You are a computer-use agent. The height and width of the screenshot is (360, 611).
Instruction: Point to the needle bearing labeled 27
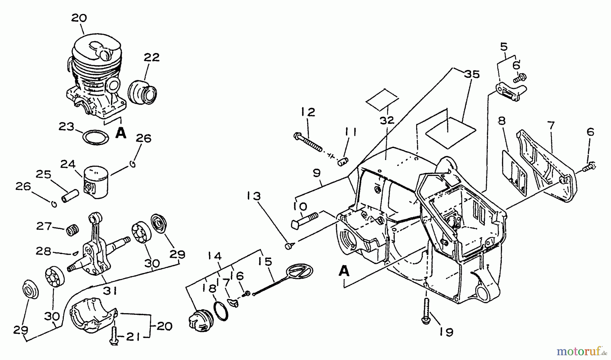[72, 231]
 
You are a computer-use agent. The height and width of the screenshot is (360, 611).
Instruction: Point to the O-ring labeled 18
[221, 310]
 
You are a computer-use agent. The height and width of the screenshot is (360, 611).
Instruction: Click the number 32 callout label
[387, 120]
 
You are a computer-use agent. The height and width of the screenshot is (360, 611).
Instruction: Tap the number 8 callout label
[502, 121]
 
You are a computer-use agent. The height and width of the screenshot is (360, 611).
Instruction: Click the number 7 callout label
[551, 126]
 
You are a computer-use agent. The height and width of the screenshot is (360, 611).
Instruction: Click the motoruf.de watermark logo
[582, 350]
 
